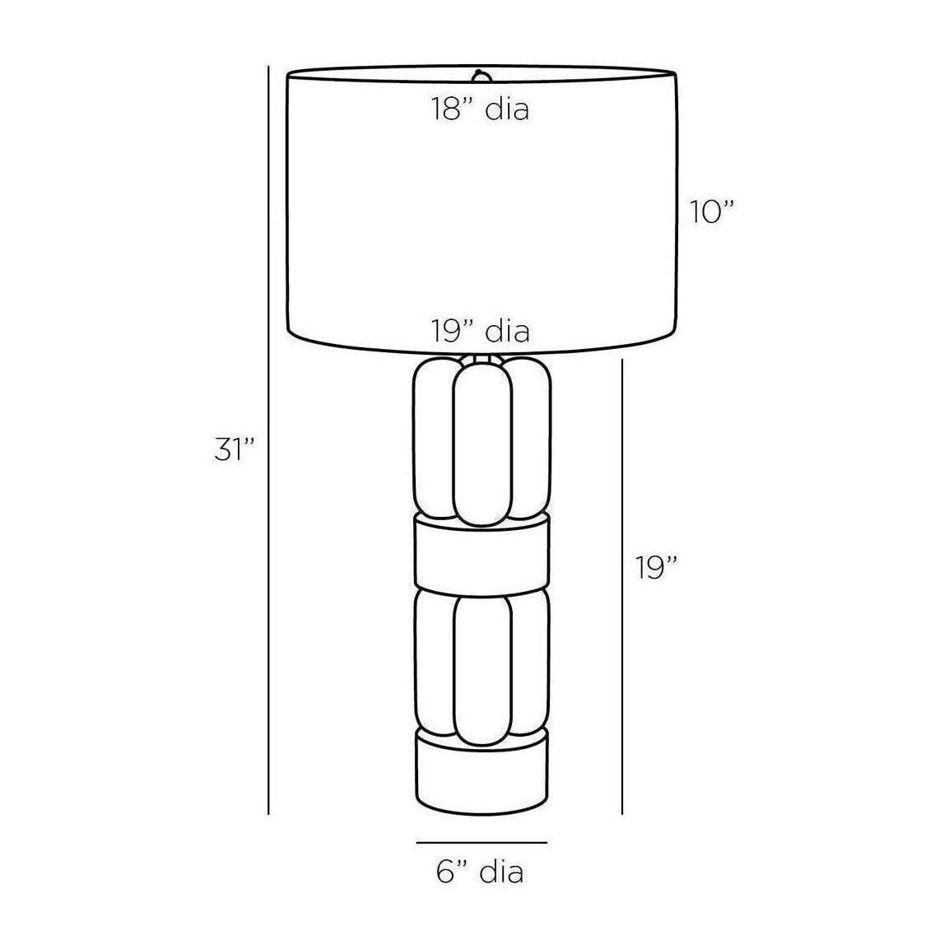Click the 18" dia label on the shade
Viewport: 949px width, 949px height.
[480, 109]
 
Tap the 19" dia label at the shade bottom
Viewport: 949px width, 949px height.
[481, 331]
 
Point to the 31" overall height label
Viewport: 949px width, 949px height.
[235, 449]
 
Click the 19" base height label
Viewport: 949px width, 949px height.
[656, 568]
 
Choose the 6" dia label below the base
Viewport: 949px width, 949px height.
[480, 872]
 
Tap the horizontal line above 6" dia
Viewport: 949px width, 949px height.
[481, 842]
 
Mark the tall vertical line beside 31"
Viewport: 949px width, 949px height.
[268, 440]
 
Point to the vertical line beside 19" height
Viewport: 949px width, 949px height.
[622, 587]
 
